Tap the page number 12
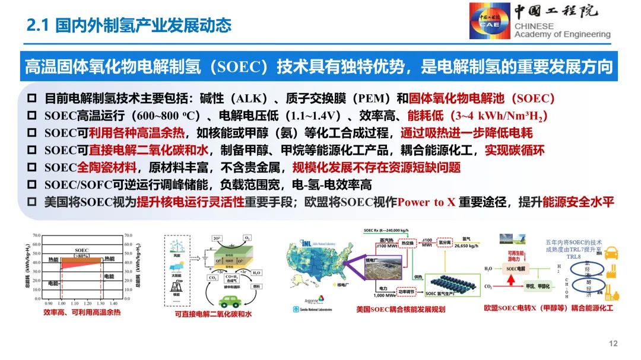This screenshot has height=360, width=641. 614,344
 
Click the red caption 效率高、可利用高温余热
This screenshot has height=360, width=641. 81,312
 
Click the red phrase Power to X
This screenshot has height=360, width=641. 426,202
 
